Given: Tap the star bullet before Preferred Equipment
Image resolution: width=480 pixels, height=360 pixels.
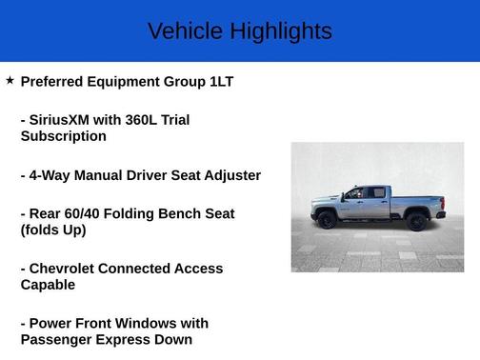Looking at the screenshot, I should (x=10, y=81).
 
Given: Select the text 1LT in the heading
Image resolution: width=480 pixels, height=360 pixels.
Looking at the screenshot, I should (x=221, y=82).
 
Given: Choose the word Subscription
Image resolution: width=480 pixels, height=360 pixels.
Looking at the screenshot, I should (x=63, y=136).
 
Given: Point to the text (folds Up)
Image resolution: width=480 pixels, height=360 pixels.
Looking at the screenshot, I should (x=53, y=230).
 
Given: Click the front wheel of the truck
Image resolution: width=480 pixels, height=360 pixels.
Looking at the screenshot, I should (x=327, y=221).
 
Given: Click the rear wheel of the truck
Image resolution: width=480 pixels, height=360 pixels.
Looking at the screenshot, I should (x=415, y=222).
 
